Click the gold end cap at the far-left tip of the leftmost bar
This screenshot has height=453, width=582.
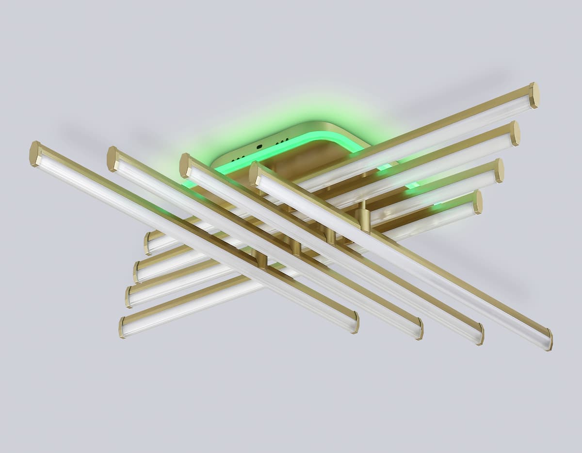[34, 153]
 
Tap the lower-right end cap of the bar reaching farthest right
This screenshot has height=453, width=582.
[549, 339]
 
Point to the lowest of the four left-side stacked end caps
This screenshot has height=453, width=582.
[122, 327]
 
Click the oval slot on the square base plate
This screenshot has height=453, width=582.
[259, 146]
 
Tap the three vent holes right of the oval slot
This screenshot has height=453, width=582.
[282, 141]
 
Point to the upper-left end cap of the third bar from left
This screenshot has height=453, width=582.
[185, 166]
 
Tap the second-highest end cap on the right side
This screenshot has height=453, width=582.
[515, 134]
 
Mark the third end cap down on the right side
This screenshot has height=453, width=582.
[499, 170]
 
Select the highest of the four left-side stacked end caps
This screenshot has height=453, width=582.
[147, 243]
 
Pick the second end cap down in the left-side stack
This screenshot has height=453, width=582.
[136, 272]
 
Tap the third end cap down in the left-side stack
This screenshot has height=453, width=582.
[129, 297]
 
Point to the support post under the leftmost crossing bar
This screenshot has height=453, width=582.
[262, 260]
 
